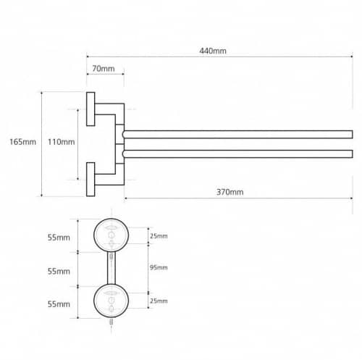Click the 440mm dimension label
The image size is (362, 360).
coord(213,51)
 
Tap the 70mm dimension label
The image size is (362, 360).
coord(104,69)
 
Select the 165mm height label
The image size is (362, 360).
coord(22,142)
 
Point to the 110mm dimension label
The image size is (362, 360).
coord(61,142)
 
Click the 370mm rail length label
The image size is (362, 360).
coord(230,192)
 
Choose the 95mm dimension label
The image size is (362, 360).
coord(159,267)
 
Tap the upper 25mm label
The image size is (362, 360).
coord(159,236)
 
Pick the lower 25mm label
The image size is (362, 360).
coord(159,301)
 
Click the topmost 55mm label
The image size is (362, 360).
coord(59,238)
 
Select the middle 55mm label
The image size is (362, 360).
coord(59,272)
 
